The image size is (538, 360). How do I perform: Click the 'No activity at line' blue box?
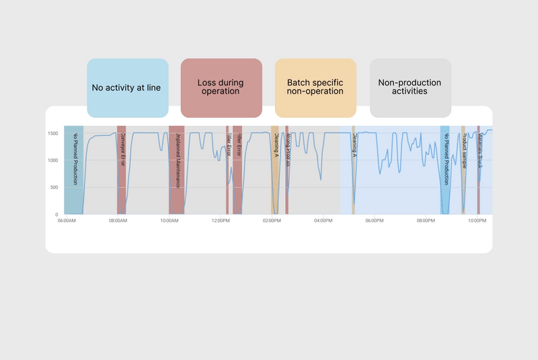127,87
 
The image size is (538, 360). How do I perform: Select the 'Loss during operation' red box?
221,87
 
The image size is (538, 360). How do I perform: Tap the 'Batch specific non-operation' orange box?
315,87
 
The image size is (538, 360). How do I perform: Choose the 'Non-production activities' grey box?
410,87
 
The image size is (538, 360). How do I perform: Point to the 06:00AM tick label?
66,220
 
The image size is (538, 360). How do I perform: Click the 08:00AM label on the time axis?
118,220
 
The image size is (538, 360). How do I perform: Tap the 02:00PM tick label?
272,220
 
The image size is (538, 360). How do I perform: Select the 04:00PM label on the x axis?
323,220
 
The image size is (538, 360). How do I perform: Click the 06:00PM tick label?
375,220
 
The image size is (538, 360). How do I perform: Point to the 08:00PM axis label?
426,220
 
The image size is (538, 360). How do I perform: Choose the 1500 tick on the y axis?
54,133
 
